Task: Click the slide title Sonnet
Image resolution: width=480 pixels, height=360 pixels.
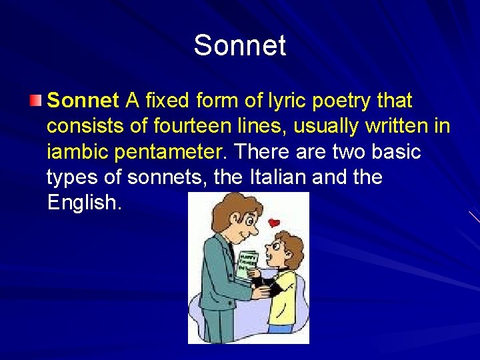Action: click(240, 46)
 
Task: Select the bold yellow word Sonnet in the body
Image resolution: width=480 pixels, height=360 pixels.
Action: click(83, 101)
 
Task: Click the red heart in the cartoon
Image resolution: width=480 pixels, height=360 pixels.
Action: click(273, 223)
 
